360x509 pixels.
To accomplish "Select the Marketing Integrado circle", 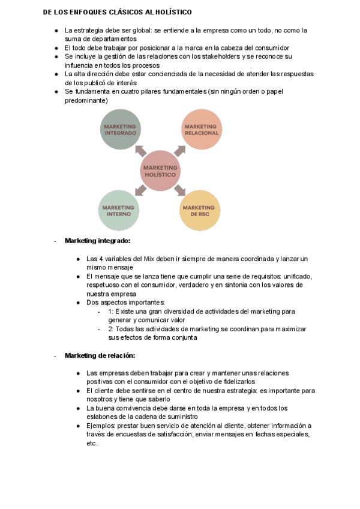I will click(121, 129).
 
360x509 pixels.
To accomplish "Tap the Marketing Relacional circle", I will click(200, 129).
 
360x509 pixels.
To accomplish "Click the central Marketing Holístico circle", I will click(160, 170).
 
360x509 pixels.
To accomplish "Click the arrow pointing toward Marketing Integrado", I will click(140, 150).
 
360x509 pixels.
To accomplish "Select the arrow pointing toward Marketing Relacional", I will click(180, 150).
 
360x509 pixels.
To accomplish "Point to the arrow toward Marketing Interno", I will click(140, 190).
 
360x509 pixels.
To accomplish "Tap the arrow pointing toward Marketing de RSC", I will click(180, 190).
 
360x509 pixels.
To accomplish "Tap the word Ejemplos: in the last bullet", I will click(103, 426).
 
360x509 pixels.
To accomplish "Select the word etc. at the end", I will click(92, 443).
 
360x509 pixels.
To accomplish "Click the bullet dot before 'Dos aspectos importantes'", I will click(79, 303).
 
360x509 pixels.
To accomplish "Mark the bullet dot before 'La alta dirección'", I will click(56, 74).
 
